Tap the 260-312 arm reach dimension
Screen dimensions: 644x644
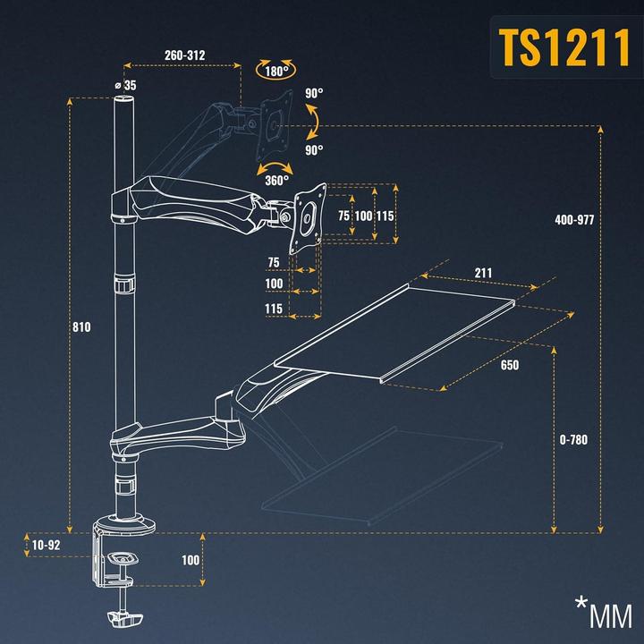pos(185,55)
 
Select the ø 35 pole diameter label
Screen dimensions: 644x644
pos(125,85)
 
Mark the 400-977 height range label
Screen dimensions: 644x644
pos(574,220)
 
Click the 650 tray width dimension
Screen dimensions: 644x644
pos(510,365)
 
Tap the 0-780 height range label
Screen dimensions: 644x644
pos(573,440)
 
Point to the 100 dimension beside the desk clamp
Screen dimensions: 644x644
pos(191,560)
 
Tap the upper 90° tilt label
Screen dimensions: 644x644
pos(313,93)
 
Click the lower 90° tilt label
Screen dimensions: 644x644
pos(313,150)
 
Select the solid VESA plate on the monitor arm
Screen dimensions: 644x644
pos(308,215)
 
